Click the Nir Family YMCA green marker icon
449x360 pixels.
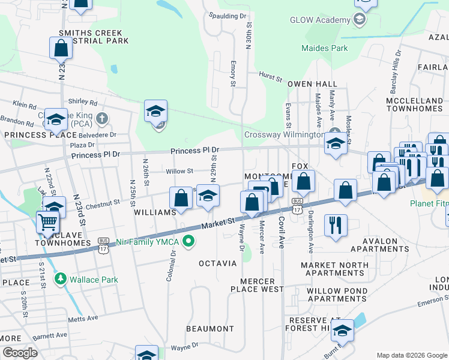[x=189, y=242]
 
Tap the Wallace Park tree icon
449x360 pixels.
[x=60, y=280]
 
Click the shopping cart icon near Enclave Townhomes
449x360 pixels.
[x=47, y=222]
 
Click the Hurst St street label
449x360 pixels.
[x=271, y=77]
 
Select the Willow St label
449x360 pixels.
[x=179, y=171]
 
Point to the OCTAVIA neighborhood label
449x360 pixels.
[x=218, y=263]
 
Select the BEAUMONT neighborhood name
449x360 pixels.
[x=209, y=329]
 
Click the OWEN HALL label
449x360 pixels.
[x=312, y=85]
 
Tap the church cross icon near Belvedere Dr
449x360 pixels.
[x=102, y=118]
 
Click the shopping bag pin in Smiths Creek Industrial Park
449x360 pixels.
[x=61, y=47]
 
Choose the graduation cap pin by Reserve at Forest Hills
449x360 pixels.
[x=342, y=331]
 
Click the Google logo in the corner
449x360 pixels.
[x=19, y=353]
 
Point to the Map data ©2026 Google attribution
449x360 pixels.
[x=411, y=355]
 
